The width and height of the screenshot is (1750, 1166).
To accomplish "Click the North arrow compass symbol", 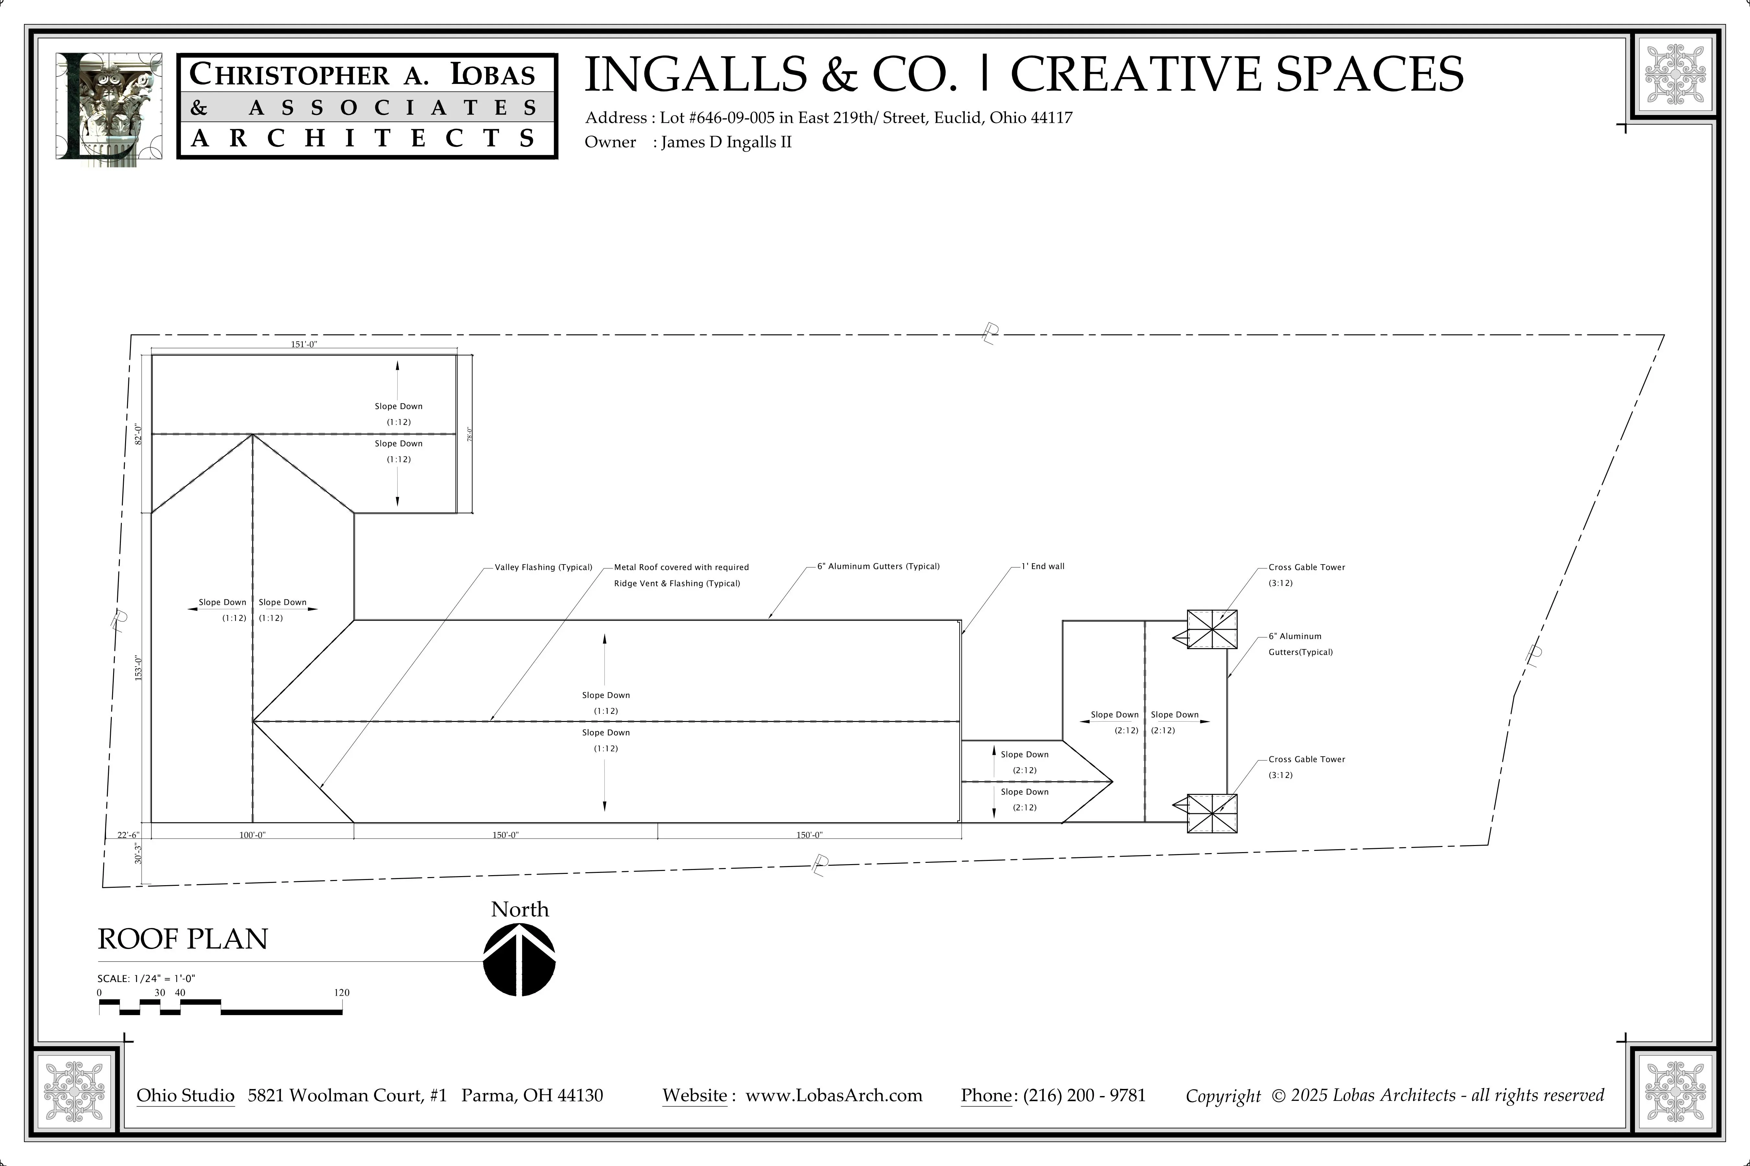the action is pos(519,959).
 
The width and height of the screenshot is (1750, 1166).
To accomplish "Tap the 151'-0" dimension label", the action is pos(304,344).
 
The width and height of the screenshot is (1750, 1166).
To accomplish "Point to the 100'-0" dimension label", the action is pos(252,835).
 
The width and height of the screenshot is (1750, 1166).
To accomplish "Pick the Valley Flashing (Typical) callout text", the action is pos(543,567).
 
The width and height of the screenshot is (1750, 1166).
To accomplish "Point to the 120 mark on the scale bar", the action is pos(342,993).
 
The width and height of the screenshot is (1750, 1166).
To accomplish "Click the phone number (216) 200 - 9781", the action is pos(1084,1095).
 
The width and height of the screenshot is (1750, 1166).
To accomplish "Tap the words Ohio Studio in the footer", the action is pos(185,1095).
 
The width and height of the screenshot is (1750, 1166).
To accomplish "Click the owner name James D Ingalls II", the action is pos(726,142).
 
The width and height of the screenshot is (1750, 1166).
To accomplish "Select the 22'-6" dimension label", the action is pos(128,835).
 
